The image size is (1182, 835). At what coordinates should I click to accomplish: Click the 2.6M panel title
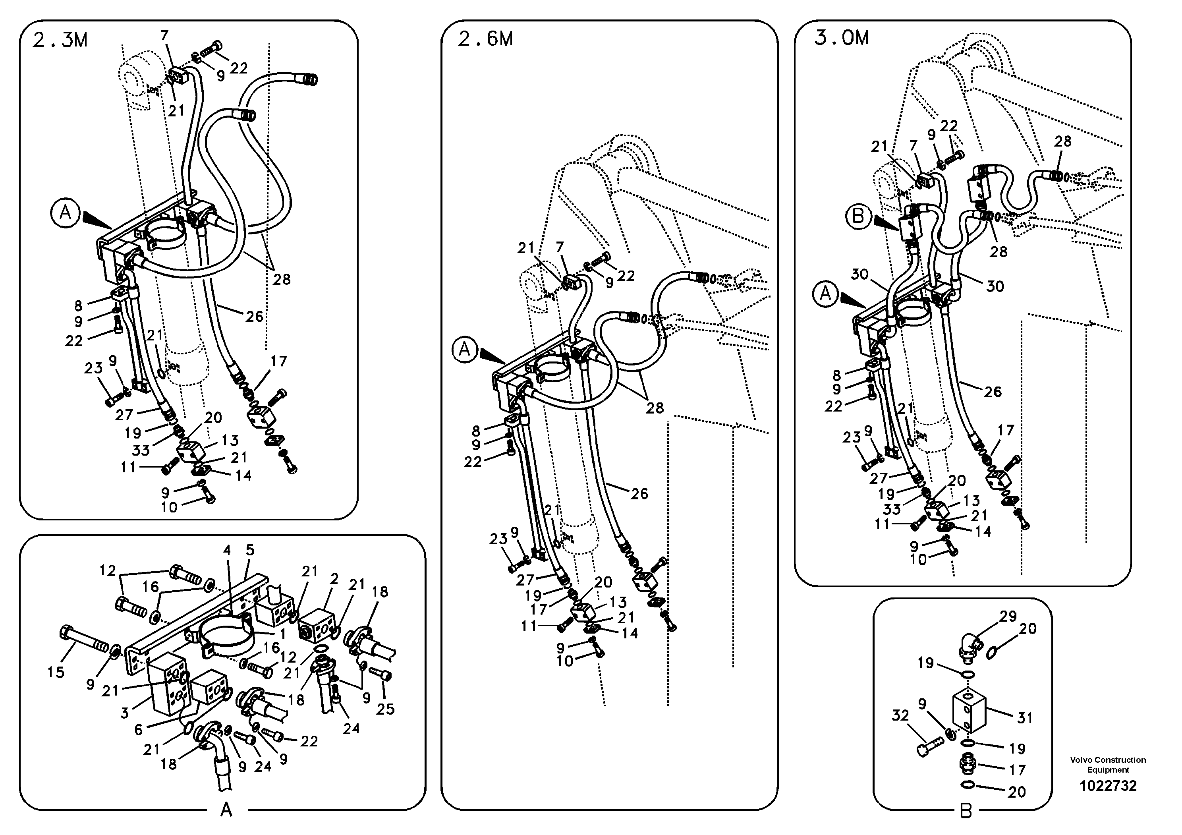click(485, 39)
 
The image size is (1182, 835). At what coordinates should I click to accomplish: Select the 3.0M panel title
click(841, 38)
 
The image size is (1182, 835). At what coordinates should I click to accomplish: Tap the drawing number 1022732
click(1108, 786)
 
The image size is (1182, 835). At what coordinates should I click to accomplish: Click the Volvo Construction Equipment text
click(1108, 764)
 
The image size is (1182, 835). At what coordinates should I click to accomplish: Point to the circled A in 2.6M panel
click(464, 350)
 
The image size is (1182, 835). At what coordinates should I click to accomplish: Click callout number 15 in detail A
click(56, 672)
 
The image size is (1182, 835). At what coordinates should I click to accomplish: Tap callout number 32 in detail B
click(900, 715)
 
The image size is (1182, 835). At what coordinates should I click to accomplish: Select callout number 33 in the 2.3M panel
click(141, 450)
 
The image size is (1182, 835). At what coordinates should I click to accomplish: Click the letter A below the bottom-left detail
click(226, 811)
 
